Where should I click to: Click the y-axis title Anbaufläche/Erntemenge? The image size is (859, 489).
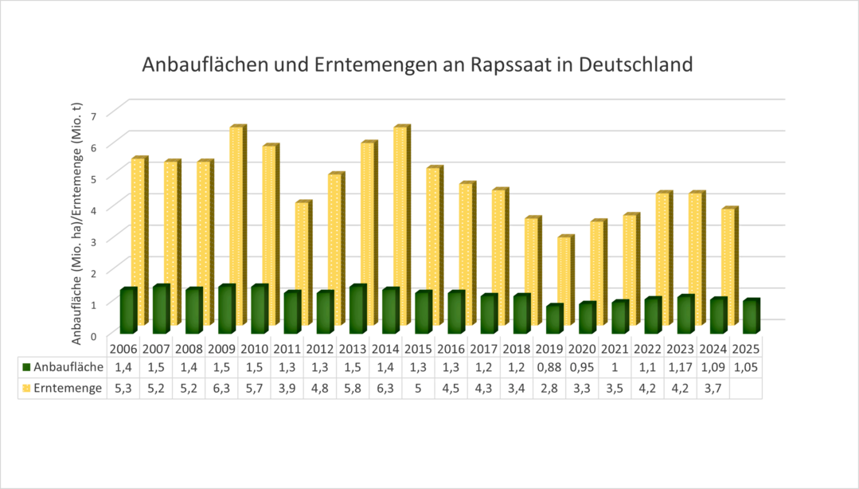77,223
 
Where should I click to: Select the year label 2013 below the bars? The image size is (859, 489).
351,350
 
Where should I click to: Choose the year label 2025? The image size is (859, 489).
746,350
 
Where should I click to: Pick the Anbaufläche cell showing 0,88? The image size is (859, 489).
549,368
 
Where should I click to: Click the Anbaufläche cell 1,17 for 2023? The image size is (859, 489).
681,368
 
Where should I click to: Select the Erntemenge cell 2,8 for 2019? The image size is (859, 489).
549,388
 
